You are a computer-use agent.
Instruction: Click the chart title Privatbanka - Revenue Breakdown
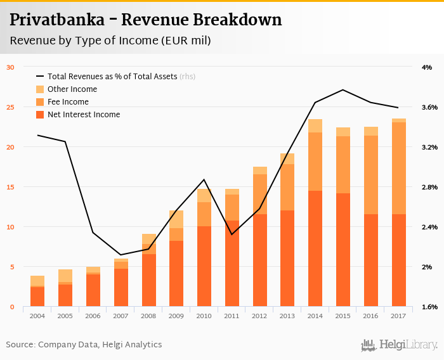point(145,20)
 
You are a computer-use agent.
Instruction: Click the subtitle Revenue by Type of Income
point(110,41)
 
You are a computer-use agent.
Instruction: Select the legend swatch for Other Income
point(40,89)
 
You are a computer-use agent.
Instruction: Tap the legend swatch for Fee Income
point(40,102)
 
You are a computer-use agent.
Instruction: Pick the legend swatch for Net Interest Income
point(40,115)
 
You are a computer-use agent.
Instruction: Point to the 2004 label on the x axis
point(37,315)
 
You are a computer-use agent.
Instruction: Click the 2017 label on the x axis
point(398,315)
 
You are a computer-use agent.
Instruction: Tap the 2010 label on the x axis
point(204,315)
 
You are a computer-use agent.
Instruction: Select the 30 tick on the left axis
point(10,67)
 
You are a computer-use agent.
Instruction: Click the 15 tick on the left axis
point(10,187)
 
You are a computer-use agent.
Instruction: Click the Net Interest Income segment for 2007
point(121,288)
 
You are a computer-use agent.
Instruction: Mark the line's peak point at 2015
point(343,89)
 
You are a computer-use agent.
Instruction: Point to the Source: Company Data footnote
point(84,345)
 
